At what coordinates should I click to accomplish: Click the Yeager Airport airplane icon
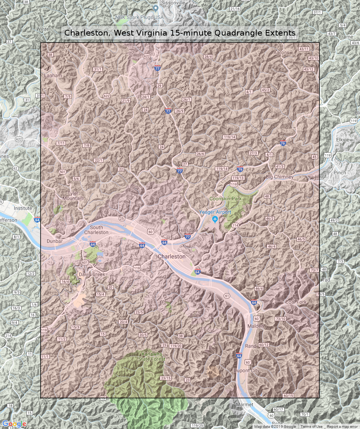pyautogui.click(x=214, y=219)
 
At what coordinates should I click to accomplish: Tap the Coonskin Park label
pyautogui.click(x=226, y=199)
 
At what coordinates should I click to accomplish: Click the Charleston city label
pyautogui.click(x=172, y=256)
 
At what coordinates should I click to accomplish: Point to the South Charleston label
pyautogui.click(x=97, y=230)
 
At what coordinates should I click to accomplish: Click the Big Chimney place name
pyautogui.click(x=280, y=177)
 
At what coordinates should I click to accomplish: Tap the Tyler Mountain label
pyautogui.click(x=73, y=196)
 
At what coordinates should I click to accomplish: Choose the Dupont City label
pyautogui.click(x=246, y=370)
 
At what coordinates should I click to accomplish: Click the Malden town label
pyautogui.click(x=255, y=326)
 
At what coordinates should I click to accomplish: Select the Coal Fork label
pyautogui.click(x=296, y=302)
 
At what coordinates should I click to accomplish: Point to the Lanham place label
pyautogui.click(x=53, y=75)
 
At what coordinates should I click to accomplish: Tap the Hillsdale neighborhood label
pyautogui.click(x=188, y=230)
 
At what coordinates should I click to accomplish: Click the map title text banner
pyautogui.click(x=180, y=33)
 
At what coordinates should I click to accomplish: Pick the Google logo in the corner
pyautogui.click(x=14, y=424)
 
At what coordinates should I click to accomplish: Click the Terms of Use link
pyautogui.click(x=311, y=427)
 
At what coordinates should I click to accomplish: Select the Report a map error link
pyautogui.click(x=342, y=427)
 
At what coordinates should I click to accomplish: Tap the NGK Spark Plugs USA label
pyautogui.click(x=139, y=17)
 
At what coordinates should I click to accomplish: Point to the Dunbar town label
pyautogui.click(x=54, y=241)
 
